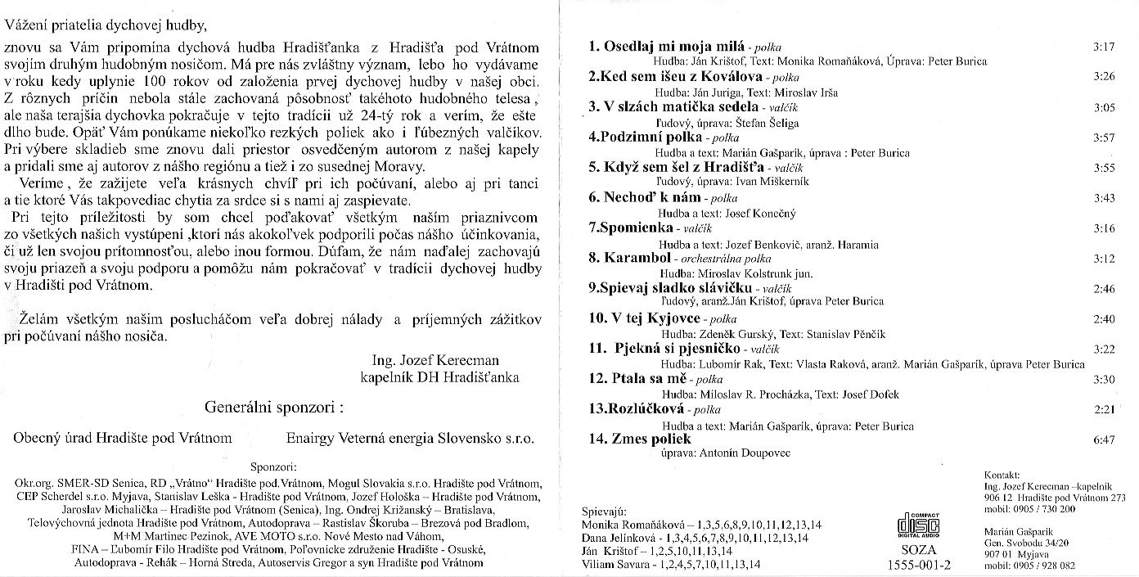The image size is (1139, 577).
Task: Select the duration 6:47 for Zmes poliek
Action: coord(1104,440)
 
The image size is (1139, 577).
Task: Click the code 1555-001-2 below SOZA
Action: coord(919,564)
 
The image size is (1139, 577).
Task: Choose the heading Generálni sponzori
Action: coord(274,407)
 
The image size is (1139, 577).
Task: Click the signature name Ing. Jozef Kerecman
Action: coord(430,360)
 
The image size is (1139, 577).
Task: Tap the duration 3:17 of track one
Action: coord(1104,47)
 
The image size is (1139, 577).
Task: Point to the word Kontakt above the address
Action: coord(1003,474)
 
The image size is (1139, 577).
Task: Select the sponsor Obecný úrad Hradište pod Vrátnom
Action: coord(123,438)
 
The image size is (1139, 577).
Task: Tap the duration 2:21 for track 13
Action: coord(1104,408)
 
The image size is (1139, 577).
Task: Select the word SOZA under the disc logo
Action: coord(918,550)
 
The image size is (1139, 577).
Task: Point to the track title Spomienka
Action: coord(632,227)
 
